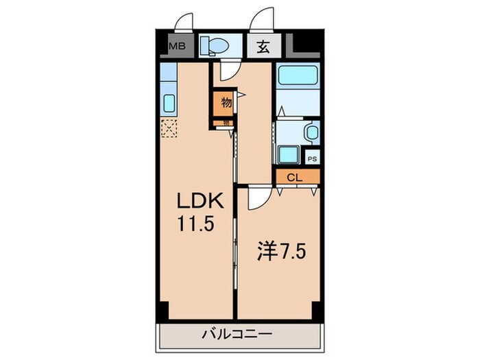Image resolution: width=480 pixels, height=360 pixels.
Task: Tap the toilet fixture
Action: (x=215, y=46)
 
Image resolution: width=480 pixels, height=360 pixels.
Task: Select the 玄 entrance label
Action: (x=263, y=47)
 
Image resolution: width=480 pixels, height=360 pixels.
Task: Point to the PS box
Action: (x=312, y=158)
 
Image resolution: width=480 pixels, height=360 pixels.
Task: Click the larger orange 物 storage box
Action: (x=224, y=103)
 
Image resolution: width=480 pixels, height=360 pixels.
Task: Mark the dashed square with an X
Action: (x=169, y=128)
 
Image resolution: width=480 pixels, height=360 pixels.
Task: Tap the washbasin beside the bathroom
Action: (x=311, y=131)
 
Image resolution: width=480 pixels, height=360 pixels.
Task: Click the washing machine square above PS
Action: (x=286, y=155)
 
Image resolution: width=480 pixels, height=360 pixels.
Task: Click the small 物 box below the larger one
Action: (x=225, y=123)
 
